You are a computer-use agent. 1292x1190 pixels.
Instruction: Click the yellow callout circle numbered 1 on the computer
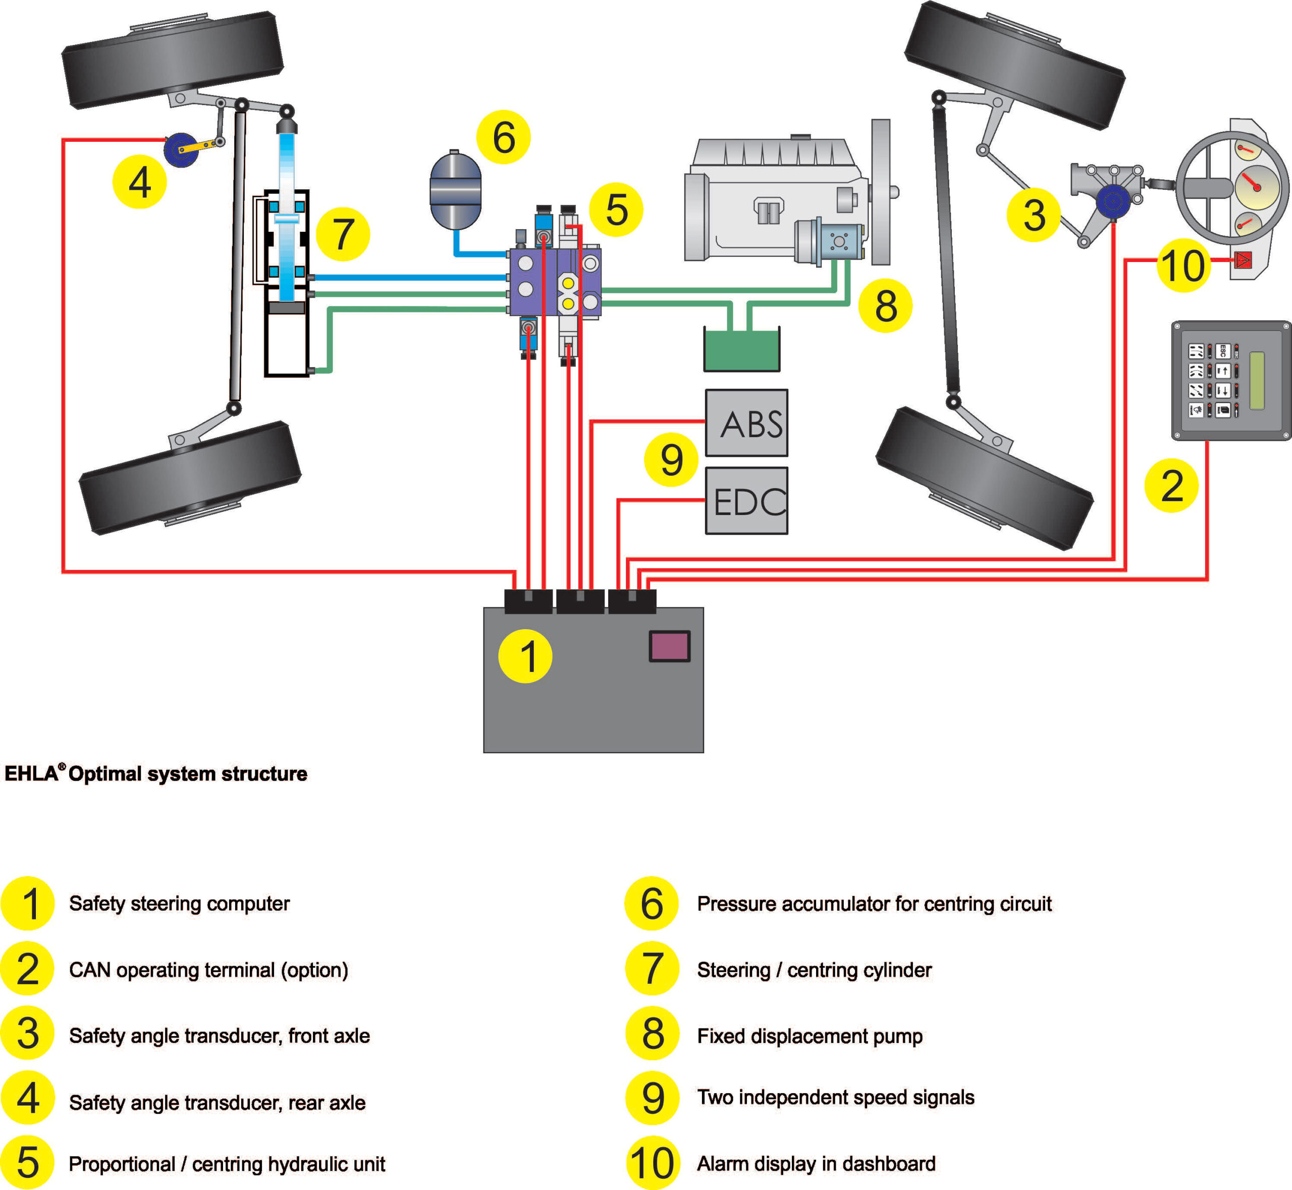click(525, 656)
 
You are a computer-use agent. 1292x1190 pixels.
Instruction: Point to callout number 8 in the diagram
click(885, 306)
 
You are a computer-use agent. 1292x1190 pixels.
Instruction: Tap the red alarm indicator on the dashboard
click(1243, 260)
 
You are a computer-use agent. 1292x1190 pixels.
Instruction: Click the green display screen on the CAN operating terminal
click(1257, 381)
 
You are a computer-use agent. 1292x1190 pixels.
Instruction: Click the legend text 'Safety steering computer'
click(179, 903)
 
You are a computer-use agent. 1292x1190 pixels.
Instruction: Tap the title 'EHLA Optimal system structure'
click(156, 773)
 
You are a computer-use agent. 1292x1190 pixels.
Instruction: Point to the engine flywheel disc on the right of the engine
click(881, 192)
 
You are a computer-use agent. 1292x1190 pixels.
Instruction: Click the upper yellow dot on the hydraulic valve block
click(568, 283)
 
